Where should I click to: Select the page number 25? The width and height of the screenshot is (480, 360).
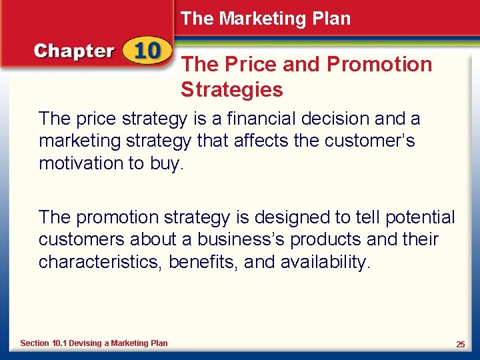[x=460, y=344]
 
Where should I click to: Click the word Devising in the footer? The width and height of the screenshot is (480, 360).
[x=85, y=343]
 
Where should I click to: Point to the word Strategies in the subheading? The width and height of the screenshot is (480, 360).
[x=231, y=89]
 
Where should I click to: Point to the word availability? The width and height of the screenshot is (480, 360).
[x=324, y=263]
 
